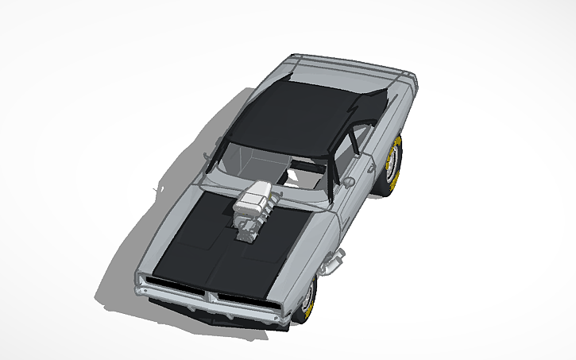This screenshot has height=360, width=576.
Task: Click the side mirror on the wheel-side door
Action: [347, 181]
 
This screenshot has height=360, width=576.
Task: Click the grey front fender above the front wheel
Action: [318, 246]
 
